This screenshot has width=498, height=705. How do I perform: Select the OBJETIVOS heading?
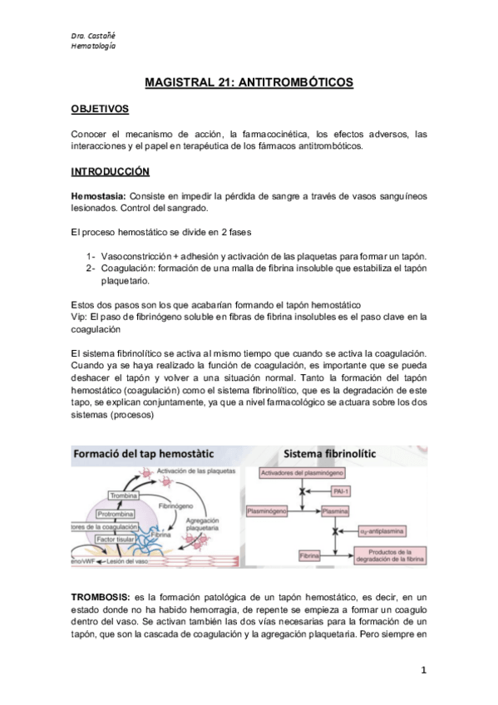tap(99, 109)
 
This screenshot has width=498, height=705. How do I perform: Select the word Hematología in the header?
tap(93, 45)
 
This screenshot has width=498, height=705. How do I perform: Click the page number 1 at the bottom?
tap(423, 670)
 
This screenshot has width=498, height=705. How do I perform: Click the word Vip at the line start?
tap(80, 316)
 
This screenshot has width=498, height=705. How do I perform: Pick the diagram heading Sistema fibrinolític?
tap(329, 455)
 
